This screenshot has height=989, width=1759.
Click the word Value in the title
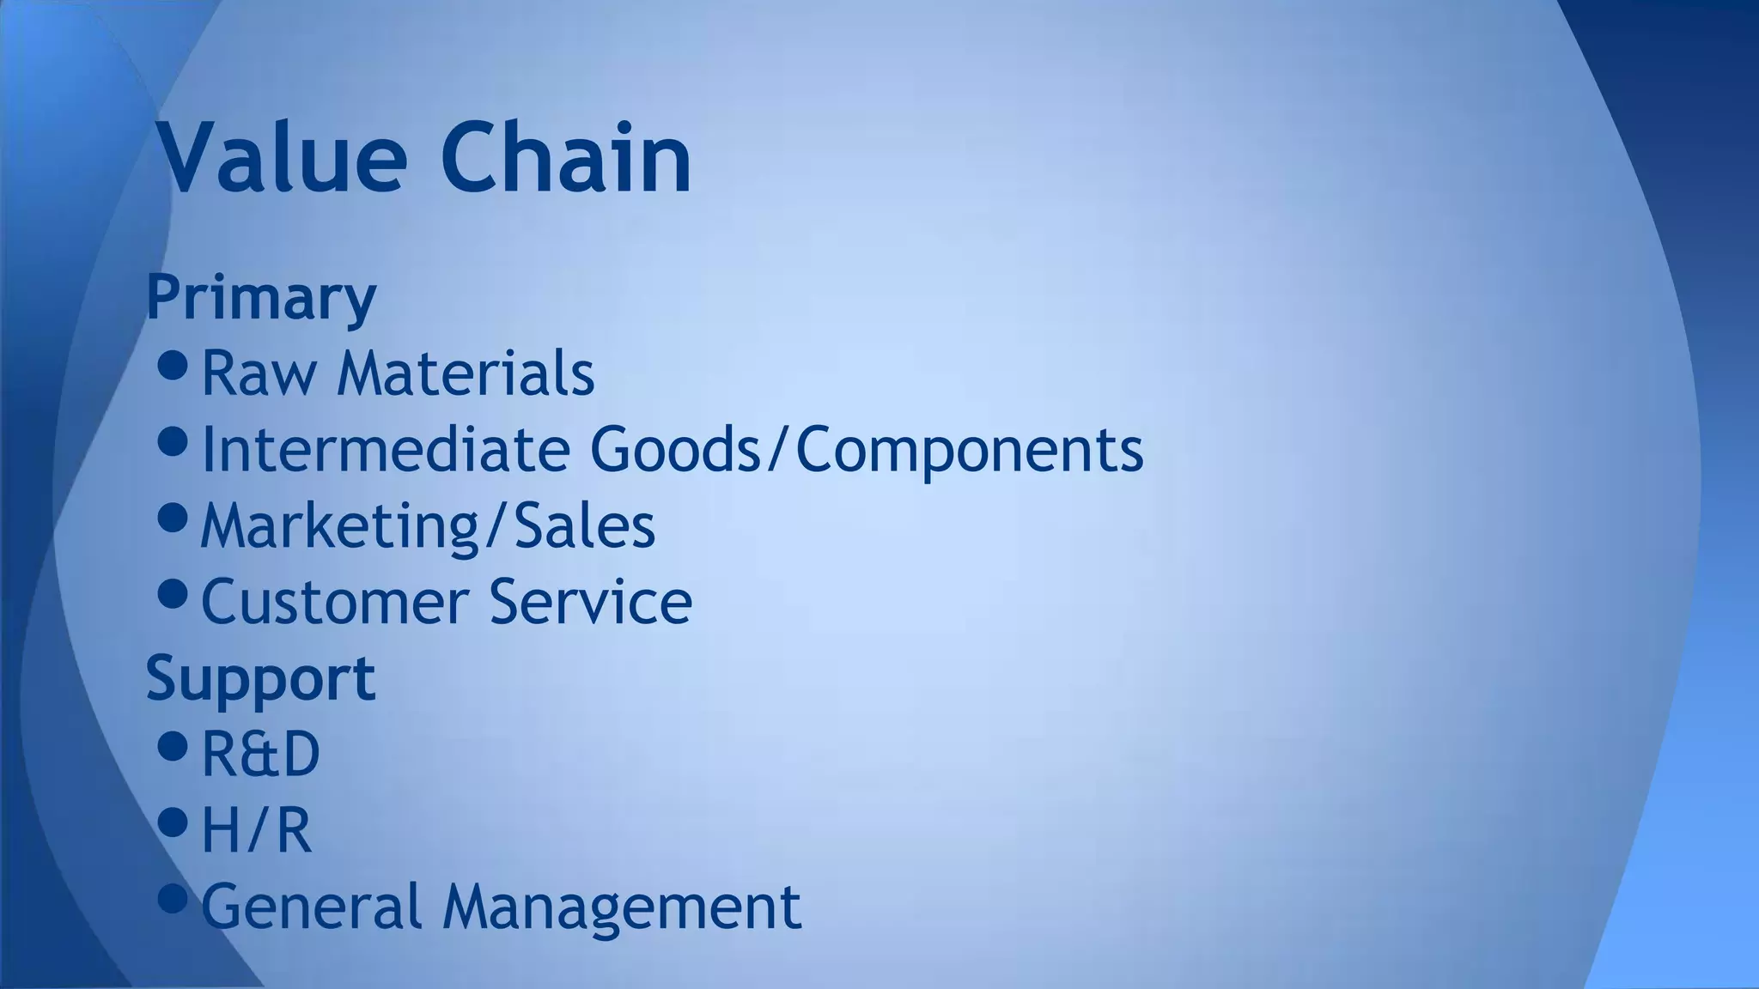tap(282, 159)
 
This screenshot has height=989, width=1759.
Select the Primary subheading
tap(261, 297)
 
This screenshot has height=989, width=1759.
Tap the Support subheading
tap(261, 678)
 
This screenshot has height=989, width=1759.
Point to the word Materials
tap(466, 373)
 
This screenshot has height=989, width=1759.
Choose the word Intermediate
tap(385, 449)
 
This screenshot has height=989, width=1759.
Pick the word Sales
tap(584, 525)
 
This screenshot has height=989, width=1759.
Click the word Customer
tap(335, 602)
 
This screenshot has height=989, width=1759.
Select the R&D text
tap(260, 755)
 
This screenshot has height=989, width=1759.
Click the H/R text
tap(256, 830)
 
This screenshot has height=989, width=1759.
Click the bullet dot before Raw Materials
tap(173, 366)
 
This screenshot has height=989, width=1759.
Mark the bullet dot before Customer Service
tap(173, 593)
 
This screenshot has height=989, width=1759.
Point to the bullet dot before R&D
tap(173, 746)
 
